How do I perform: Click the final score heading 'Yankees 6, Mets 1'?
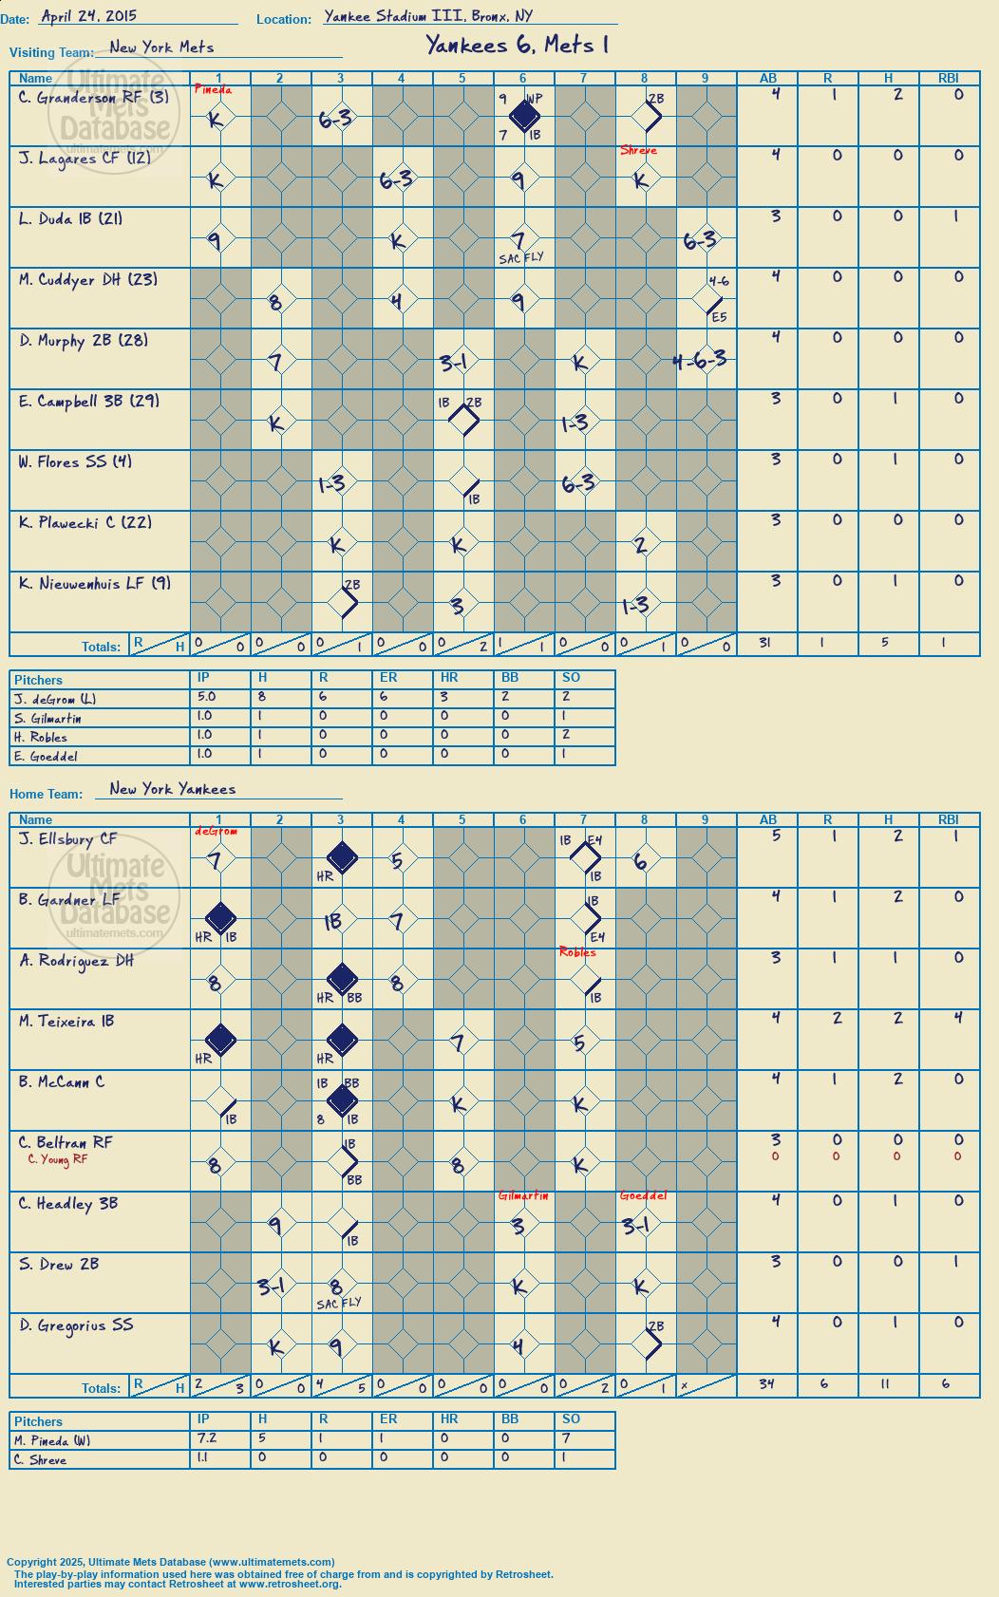pyautogui.click(x=517, y=46)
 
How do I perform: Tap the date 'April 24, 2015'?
pyautogui.click(x=88, y=16)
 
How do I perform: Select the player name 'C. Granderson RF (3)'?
pyautogui.click(x=93, y=98)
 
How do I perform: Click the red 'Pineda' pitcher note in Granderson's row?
pyautogui.click(x=214, y=90)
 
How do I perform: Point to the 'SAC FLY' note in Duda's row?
pyautogui.click(x=521, y=258)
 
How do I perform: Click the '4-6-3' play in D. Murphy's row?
pyautogui.click(x=700, y=360)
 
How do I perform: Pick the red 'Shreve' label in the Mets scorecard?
pyautogui.click(x=638, y=150)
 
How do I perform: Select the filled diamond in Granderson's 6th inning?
pyautogui.click(x=524, y=116)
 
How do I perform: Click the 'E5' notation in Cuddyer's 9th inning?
pyautogui.click(x=719, y=316)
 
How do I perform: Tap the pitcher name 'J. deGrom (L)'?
pyautogui.click(x=55, y=700)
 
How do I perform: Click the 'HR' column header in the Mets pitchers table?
pyautogui.click(x=449, y=677)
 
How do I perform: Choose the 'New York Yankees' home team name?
pyautogui.click(x=173, y=788)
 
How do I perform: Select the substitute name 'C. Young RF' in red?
pyautogui.click(x=58, y=1159)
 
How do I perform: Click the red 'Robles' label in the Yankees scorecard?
pyautogui.click(x=576, y=951)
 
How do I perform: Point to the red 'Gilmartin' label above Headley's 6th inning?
pyautogui.click(x=523, y=1195)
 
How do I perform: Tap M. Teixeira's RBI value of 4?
pyautogui.click(x=958, y=1018)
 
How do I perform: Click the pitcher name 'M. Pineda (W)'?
pyautogui.click(x=52, y=1441)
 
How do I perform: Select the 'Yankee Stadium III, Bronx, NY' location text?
pyautogui.click(x=428, y=16)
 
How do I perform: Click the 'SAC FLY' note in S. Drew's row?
pyautogui.click(x=339, y=1303)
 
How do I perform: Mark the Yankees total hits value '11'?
pyautogui.click(x=885, y=1383)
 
